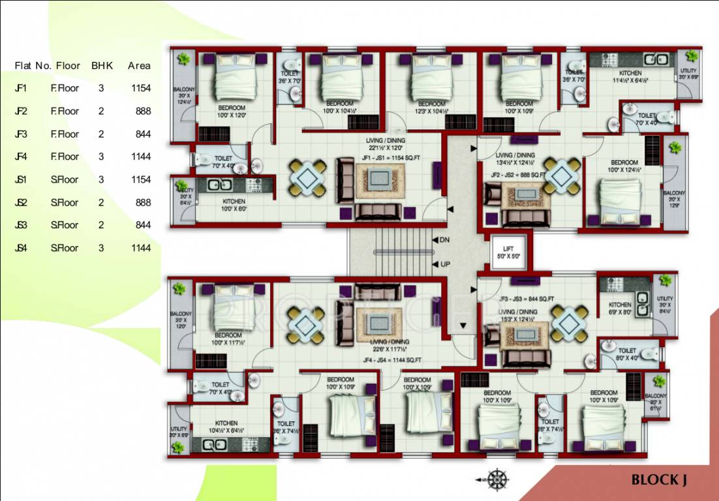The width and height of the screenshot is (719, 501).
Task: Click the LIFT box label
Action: tap(509, 249)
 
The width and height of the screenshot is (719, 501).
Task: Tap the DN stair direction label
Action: tap(444, 240)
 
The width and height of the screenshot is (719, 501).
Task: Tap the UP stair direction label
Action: tap(444, 264)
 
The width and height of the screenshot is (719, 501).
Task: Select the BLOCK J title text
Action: tap(659, 480)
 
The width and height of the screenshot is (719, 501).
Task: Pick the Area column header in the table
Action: tap(139, 65)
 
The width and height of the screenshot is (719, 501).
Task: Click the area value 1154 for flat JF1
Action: tap(141, 88)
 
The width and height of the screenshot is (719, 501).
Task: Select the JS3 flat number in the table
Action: tap(22, 225)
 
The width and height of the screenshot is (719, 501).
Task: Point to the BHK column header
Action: tap(102, 65)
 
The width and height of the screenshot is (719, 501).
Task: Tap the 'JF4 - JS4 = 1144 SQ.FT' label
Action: tap(391, 359)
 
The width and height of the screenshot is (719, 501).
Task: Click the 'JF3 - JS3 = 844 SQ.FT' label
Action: tap(527, 299)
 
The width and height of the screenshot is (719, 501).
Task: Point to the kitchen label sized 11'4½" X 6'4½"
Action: tap(630, 77)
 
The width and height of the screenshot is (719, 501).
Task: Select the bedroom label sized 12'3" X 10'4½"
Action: tap(431, 108)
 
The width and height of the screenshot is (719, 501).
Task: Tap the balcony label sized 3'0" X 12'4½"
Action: tap(182, 95)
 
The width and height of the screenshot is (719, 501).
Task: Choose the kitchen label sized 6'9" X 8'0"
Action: tap(620, 309)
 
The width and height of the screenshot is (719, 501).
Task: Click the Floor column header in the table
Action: tap(68, 65)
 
